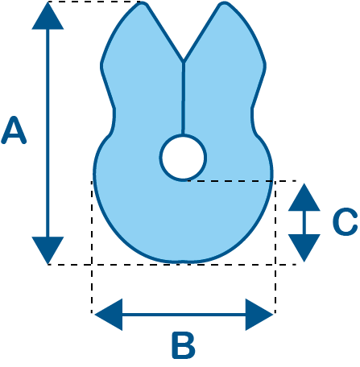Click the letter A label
[14, 130]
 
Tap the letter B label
[184, 345]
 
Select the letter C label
[345, 221]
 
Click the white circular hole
[183, 158]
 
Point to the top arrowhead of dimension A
[48, 15]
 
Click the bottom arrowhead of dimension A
[48, 250]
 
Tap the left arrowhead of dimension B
[109, 315]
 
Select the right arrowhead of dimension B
[259, 315]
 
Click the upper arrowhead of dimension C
[304, 197]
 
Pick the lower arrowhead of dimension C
[304, 248]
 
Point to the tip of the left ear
[143, 4]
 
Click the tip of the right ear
[224, 4]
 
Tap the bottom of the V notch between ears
[183, 60]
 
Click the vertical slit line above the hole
[183, 98]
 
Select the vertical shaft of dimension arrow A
[48, 133]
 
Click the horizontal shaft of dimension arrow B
[184, 315]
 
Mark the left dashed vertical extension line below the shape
[92, 247]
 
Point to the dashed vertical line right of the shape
[275, 247]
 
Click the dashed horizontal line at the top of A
[94, 2]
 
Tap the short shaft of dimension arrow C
[304, 222]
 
